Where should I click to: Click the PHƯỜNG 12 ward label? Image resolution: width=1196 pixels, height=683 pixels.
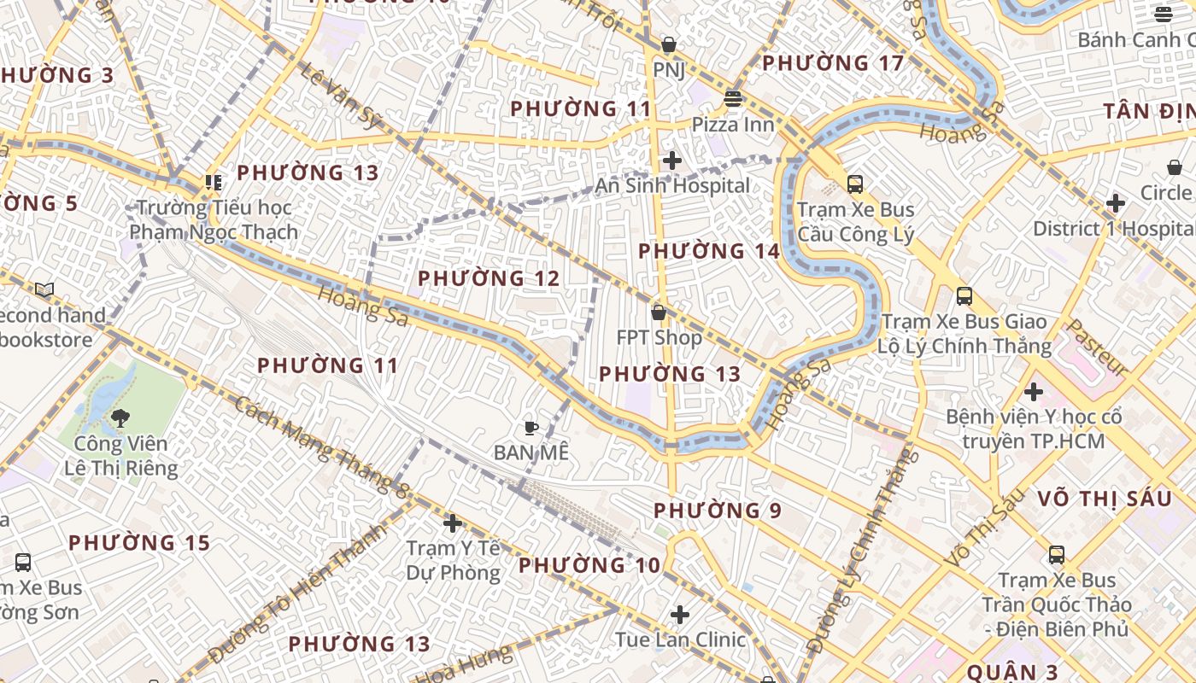[x=489, y=278]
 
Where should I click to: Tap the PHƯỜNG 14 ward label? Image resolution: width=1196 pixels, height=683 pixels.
[x=709, y=251]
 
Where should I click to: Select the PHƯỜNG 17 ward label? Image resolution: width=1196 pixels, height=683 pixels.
[x=832, y=63]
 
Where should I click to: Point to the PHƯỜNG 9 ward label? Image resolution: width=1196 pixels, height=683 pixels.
[x=718, y=511]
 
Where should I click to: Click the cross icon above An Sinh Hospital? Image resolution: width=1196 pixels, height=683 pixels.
[x=672, y=160]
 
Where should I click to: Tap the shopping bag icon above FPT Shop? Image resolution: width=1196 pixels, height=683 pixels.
[x=659, y=312]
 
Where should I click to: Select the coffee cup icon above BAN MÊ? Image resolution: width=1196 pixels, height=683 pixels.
[x=531, y=428]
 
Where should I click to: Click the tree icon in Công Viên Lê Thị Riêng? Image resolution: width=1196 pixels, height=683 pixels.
[x=120, y=417]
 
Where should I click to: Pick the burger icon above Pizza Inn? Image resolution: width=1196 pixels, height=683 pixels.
[x=732, y=99]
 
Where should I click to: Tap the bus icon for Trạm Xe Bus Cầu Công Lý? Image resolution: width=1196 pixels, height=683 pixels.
[x=855, y=184]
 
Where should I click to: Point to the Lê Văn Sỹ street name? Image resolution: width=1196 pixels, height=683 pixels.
[x=340, y=95]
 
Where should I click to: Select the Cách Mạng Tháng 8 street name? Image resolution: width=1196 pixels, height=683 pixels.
[x=321, y=447]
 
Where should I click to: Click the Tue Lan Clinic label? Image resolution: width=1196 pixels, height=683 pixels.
[x=680, y=639]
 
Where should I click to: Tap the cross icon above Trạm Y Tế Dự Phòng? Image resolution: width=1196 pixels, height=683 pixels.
[x=453, y=522]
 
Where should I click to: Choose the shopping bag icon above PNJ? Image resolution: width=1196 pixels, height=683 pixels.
[x=669, y=44]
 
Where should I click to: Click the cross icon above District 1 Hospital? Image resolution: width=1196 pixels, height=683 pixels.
[x=1115, y=203]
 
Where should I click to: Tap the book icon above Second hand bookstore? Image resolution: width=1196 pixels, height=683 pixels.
[x=44, y=290]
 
